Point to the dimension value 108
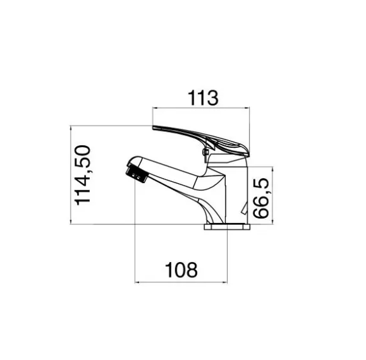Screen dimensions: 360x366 point(181,270)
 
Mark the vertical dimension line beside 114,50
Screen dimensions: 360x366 point(71,175)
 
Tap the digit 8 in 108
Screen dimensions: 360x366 point(192,270)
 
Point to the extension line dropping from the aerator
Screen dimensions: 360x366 point(137,234)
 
